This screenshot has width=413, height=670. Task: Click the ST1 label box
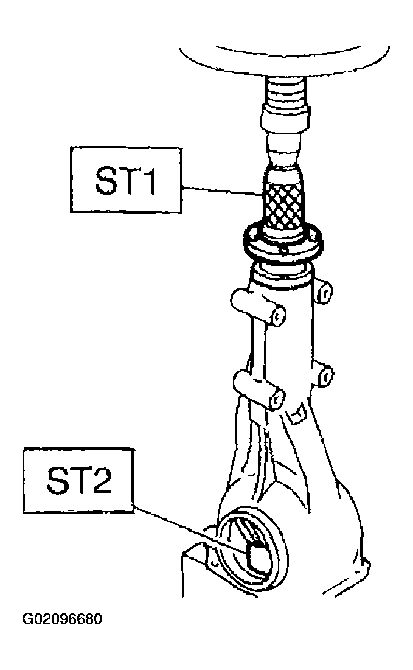[x=126, y=180]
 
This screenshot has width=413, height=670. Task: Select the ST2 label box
[x=78, y=480]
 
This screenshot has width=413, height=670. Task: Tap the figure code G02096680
[x=63, y=619]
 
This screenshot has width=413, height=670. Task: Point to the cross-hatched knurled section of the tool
[x=283, y=206]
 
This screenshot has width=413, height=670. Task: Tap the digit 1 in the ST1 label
[x=148, y=180]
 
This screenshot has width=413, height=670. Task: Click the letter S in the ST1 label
[x=105, y=180]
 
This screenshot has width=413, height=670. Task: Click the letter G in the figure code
[x=27, y=619]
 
